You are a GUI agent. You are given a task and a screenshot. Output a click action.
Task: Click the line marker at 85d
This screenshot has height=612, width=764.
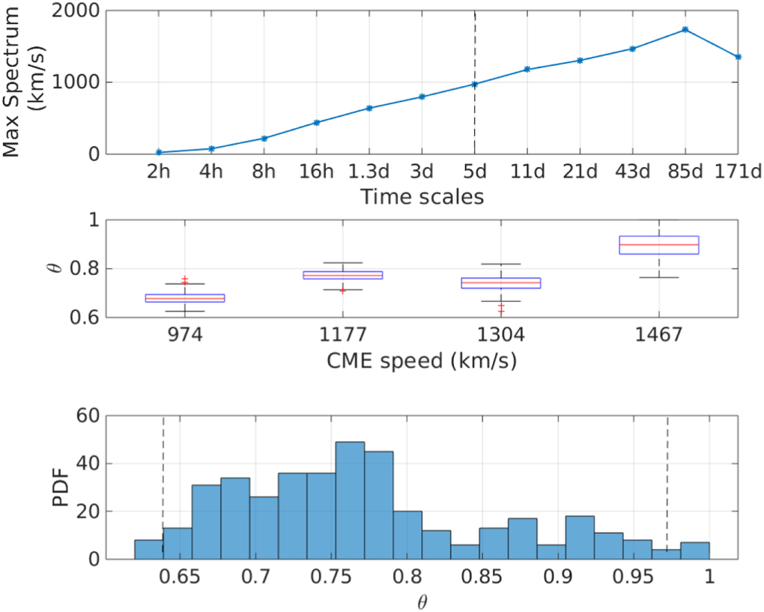685,29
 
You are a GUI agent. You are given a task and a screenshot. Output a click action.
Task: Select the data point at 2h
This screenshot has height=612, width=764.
159,152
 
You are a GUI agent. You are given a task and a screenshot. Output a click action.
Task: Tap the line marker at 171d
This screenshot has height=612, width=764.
738,57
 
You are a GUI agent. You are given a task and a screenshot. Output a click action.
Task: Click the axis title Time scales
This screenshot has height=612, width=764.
422,197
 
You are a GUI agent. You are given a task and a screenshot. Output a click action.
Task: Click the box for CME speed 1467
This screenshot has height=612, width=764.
658,245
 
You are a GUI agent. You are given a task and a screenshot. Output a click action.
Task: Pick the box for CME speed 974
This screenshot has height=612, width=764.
184,298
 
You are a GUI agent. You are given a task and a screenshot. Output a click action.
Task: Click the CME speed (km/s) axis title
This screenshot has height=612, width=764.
422,360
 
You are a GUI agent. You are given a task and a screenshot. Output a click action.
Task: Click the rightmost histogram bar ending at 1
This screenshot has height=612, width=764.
695,551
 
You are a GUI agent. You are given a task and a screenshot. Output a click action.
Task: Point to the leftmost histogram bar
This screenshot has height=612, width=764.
148,549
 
